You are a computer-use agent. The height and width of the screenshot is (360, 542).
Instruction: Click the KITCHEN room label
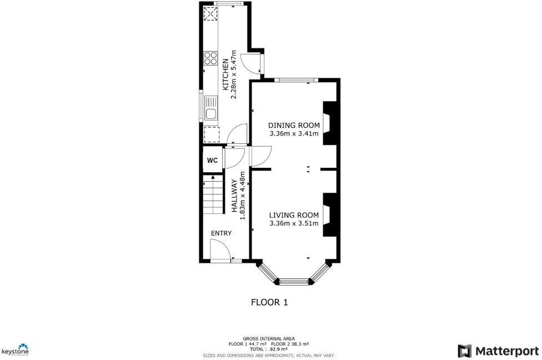coord(225,74)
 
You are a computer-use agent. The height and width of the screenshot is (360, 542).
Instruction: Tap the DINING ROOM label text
coord(294,124)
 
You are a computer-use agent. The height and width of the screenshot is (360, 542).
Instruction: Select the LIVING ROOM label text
coord(294,215)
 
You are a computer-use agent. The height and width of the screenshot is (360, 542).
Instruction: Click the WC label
coord(212,161)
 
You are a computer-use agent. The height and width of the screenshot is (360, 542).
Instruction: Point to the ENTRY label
coord(221,233)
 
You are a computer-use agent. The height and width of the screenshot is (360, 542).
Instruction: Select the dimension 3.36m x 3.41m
coord(294,133)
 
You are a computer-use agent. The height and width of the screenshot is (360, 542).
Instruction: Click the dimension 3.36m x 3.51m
coord(294,224)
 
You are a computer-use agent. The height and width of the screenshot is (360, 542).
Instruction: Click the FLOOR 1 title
coord(269,303)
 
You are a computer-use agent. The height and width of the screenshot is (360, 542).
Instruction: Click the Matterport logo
coord(498,351)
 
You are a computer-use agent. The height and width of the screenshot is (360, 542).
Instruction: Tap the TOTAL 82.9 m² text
coord(269,349)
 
